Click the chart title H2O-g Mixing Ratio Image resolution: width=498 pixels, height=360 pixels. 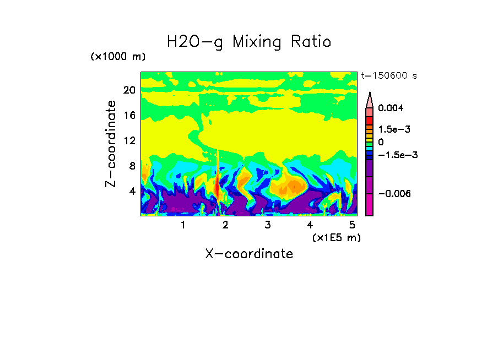249,41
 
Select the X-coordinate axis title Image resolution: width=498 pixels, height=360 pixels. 249,254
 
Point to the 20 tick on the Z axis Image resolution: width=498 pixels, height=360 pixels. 129,90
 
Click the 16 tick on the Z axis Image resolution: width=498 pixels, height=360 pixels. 129,116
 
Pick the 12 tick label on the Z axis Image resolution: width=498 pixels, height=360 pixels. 129,141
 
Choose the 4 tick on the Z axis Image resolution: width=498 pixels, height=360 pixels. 132,192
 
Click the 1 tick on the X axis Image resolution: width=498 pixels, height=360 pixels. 183,225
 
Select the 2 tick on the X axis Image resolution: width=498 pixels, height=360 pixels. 225,225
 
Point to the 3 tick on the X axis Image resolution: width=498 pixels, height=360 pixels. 268,225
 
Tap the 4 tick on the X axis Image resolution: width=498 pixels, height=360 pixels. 310,225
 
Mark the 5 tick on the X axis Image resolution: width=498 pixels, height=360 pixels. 353,225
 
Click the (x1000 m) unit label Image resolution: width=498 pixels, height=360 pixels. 118,57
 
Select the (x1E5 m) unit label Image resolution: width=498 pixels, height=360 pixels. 337,238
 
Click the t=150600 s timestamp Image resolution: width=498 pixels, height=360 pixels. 388,75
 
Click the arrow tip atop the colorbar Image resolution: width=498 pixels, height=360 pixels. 370,94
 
